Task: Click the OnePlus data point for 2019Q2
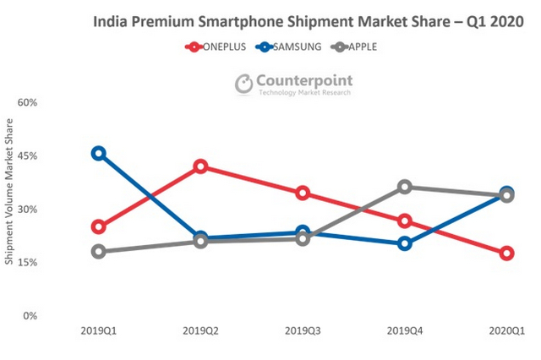[x=200, y=166]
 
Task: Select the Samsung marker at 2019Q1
[x=99, y=153]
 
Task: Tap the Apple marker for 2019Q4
[x=405, y=187]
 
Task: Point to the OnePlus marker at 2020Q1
[x=506, y=254]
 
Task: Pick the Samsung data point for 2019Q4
[x=405, y=244]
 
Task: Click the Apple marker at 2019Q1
[x=99, y=251]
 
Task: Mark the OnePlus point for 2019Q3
[x=303, y=193]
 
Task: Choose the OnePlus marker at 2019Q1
[x=99, y=226]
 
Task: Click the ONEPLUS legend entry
[x=216, y=47]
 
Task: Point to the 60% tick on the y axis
[x=28, y=103]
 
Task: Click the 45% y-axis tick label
[x=28, y=156]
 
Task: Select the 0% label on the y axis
[x=31, y=316]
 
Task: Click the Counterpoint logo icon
[x=243, y=83]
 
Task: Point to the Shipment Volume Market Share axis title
[x=9, y=192]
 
